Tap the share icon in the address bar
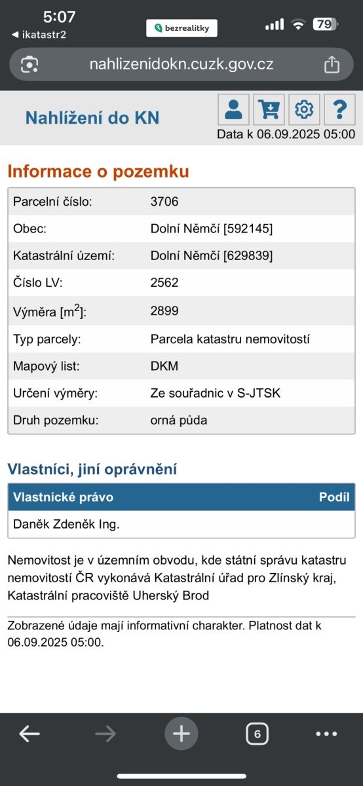(x=332, y=64)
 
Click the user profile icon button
(x=233, y=109)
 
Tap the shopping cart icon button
(x=269, y=109)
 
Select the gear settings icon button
(x=304, y=109)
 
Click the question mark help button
(x=339, y=109)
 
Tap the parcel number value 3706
(x=164, y=201)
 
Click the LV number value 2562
(x=164, y=283)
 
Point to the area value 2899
(x=164, y=310)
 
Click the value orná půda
(x=179, y=420)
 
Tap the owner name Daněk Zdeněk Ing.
(x=66, y=524)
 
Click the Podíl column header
(x=334, y=497)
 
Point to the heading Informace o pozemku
(x=98, y=172)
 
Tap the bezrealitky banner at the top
(x=181, y=28)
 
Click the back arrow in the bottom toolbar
(x=29, y=734)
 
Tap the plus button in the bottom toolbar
(x=181, y=734)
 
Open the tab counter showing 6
(x=257, y=734)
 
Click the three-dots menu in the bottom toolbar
(x=326, y=734)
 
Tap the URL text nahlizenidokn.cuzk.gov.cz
(x=181, y=64)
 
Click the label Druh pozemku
(x=56, y=420)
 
